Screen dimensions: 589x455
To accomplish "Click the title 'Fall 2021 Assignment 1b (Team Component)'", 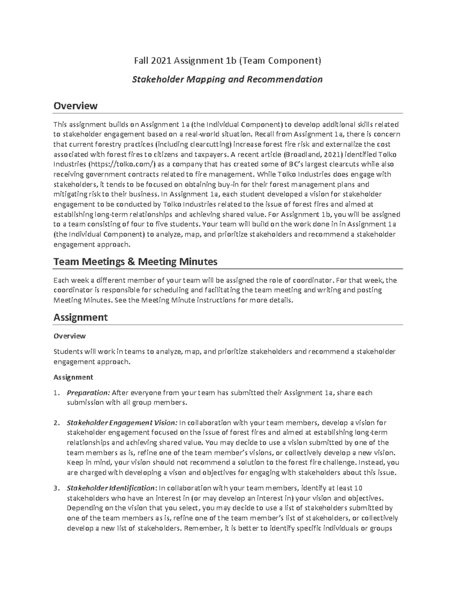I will pyautogui.click(x=227, y=60).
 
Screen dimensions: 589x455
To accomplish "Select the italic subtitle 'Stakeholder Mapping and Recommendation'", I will pyautogui.click(x=227, y=79).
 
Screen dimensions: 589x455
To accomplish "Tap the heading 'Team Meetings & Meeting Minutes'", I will pyautogui.click(x=135, y=261).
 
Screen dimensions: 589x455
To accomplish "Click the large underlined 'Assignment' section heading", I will pyautogui.click(x=80, y=317).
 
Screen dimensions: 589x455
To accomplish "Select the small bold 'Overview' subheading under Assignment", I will pyautogui.click(x=69, y=336).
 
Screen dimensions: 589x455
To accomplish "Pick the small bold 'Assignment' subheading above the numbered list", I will pyautogui.click(x=73, y=377).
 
